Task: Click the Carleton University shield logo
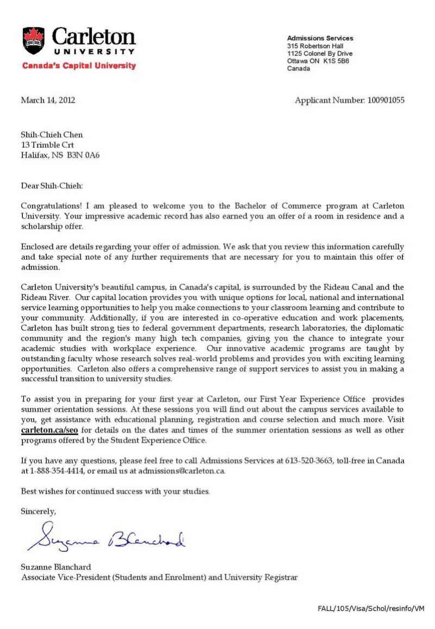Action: tap(34, 41)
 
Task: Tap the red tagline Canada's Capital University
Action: tap(79, 66)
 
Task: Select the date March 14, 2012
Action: tap(48, 100)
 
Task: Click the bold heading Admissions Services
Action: tap(320, 38)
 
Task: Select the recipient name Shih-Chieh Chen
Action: tap(52, 135)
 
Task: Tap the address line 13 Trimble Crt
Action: tap(47, 145)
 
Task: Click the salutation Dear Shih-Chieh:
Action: tap(52, 186)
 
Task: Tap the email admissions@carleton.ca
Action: tap(181, 471)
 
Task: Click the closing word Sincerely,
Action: tap(38, 511)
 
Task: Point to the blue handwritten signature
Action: tap(106, 535)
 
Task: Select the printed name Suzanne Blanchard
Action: tap(56, 567)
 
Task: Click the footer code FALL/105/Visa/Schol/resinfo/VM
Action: tap(370, 608)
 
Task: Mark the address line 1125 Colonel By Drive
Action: tap(320, 54)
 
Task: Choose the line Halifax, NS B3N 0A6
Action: tap(60, 155)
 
